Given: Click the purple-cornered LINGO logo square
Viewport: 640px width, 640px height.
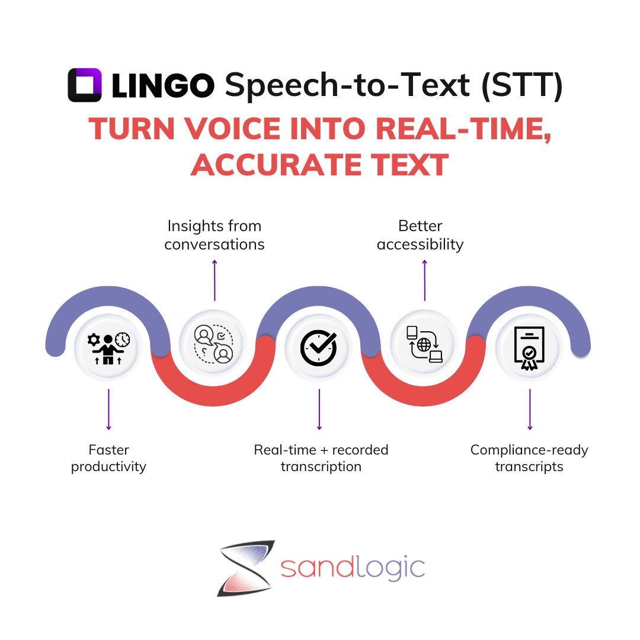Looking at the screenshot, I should tap(85, 85).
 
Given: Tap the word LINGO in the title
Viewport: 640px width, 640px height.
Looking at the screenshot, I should tap(162, 85).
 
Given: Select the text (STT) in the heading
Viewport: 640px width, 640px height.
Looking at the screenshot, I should tap(521, 85).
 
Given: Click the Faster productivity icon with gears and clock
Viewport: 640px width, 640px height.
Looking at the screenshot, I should tap(107, 347).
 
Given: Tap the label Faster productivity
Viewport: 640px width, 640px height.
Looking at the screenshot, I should tap(108, 458).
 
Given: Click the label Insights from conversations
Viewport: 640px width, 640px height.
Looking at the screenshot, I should tap(215, 235).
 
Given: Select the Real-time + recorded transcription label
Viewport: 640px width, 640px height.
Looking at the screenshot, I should tap(321, 458).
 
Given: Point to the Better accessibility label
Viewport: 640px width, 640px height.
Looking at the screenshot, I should tap(420, 235).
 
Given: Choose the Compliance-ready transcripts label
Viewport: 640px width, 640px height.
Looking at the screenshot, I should tap(529, 458).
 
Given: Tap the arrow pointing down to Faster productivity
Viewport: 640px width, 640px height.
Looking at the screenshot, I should tap(108, 409).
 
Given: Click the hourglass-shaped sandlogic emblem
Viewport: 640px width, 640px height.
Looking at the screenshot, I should tap(244, 568).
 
